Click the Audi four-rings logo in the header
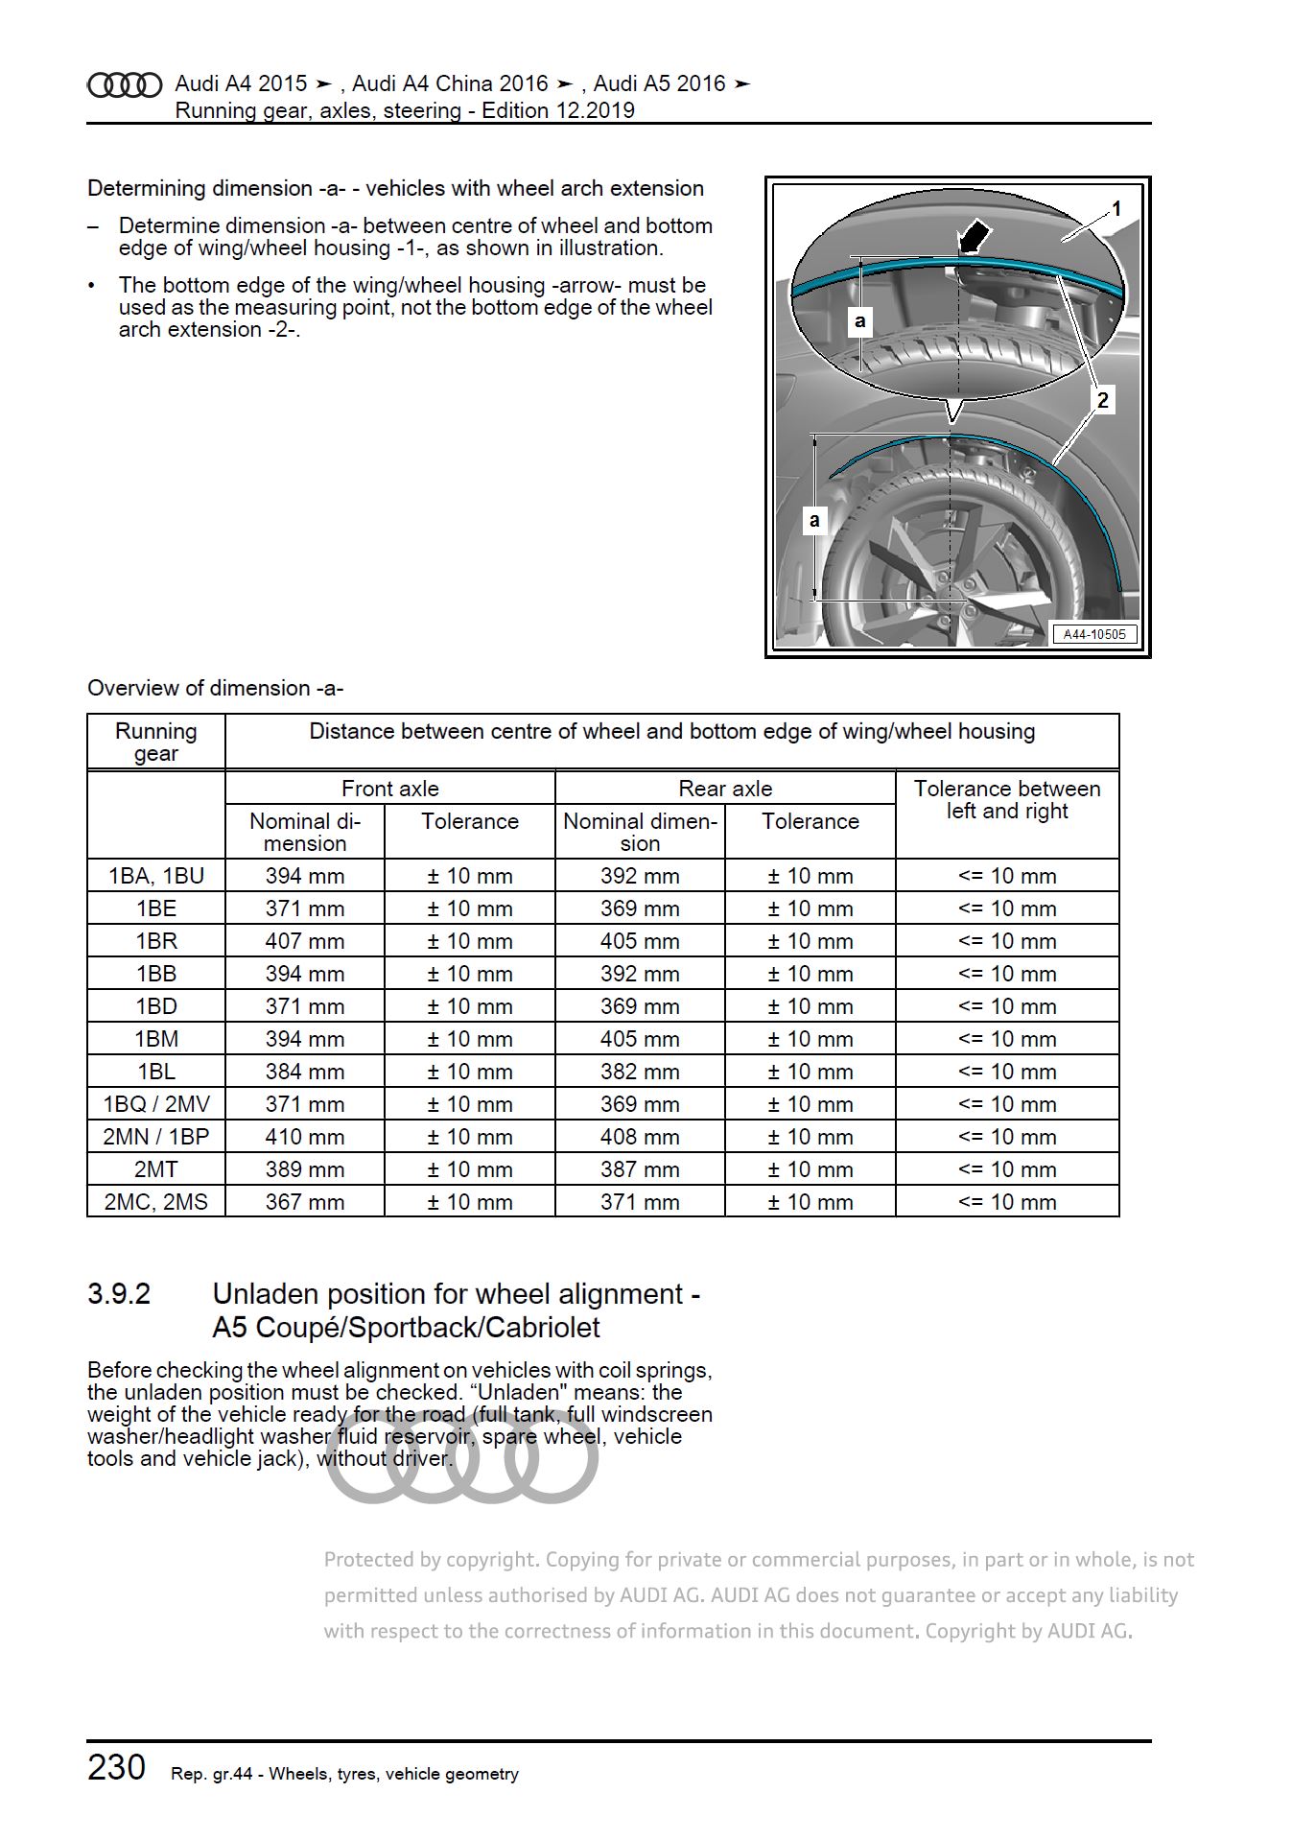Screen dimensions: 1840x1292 pos(125,86)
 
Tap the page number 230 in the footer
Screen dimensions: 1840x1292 pos(117,1767)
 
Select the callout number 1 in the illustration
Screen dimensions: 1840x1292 pos(1116,208)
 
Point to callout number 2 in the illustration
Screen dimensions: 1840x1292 pos(1103,400)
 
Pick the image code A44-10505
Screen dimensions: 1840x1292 pos(1094,634)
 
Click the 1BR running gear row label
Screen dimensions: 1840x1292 pos(156,941)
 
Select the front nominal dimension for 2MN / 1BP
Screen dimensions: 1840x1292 pos(305,1137)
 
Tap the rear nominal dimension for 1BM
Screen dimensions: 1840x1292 pos(640,1039)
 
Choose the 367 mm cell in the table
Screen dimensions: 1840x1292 pos(305,1202)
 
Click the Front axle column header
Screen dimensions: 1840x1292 pos(390,789)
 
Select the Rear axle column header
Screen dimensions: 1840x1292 pos(725,789)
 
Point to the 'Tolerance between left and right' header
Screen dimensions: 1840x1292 pos(1007,799)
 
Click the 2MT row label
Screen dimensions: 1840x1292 pos(156,1169)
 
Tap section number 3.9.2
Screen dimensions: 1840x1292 pos(119,1294)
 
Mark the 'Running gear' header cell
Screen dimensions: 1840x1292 pos(156,742)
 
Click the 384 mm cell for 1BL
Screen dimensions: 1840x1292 pos(305,1072)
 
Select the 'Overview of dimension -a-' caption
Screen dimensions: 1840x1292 pos(216,688)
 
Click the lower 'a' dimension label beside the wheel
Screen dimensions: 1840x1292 pos(814,520)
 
